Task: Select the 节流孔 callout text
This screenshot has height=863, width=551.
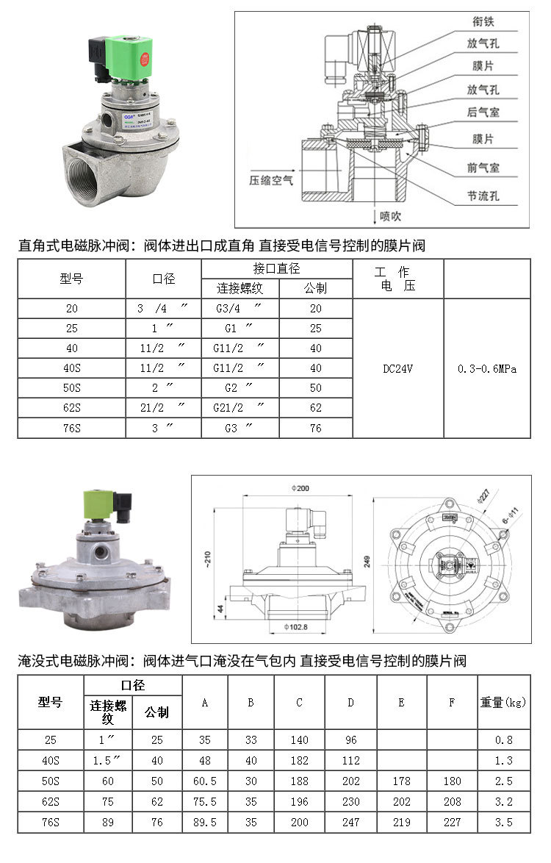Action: (483, 197)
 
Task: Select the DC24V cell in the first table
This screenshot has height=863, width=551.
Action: (397, 368)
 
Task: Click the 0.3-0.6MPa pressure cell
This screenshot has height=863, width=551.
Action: (486, 368)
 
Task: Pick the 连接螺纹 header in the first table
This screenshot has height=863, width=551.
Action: (240, 288)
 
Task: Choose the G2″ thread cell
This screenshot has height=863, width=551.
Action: (240, 388)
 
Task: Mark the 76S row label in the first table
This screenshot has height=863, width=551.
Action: (71, 428)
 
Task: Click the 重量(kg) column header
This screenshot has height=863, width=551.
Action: (503, 703)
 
